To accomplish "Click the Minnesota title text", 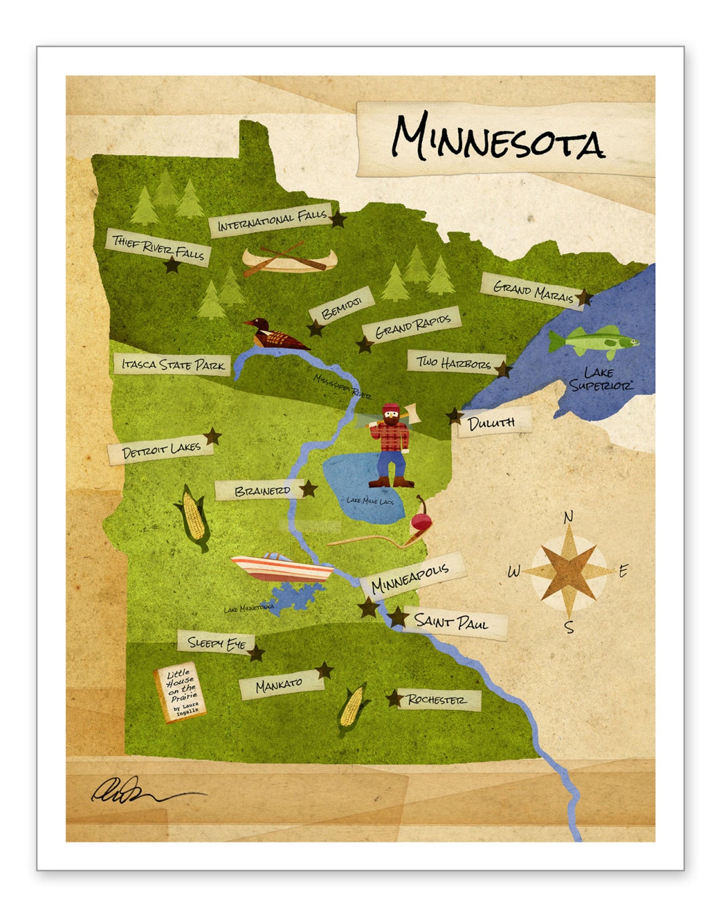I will click(x=497, y=138).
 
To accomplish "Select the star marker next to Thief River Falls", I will click(x=173, y=265).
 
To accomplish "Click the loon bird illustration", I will click(x=272, y=334).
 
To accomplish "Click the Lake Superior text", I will click(x=599, y=379).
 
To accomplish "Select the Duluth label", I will click(x=492, y=422).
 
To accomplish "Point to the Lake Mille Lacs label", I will click(x=370, y=500).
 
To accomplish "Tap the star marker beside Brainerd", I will click(x=308, y=489).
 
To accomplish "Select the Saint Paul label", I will click(x=451, y=623).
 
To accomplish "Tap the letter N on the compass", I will click(x=568, y=517).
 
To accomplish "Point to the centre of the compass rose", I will click(x=568, y=571).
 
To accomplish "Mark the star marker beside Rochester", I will click(x=394, y=699).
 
